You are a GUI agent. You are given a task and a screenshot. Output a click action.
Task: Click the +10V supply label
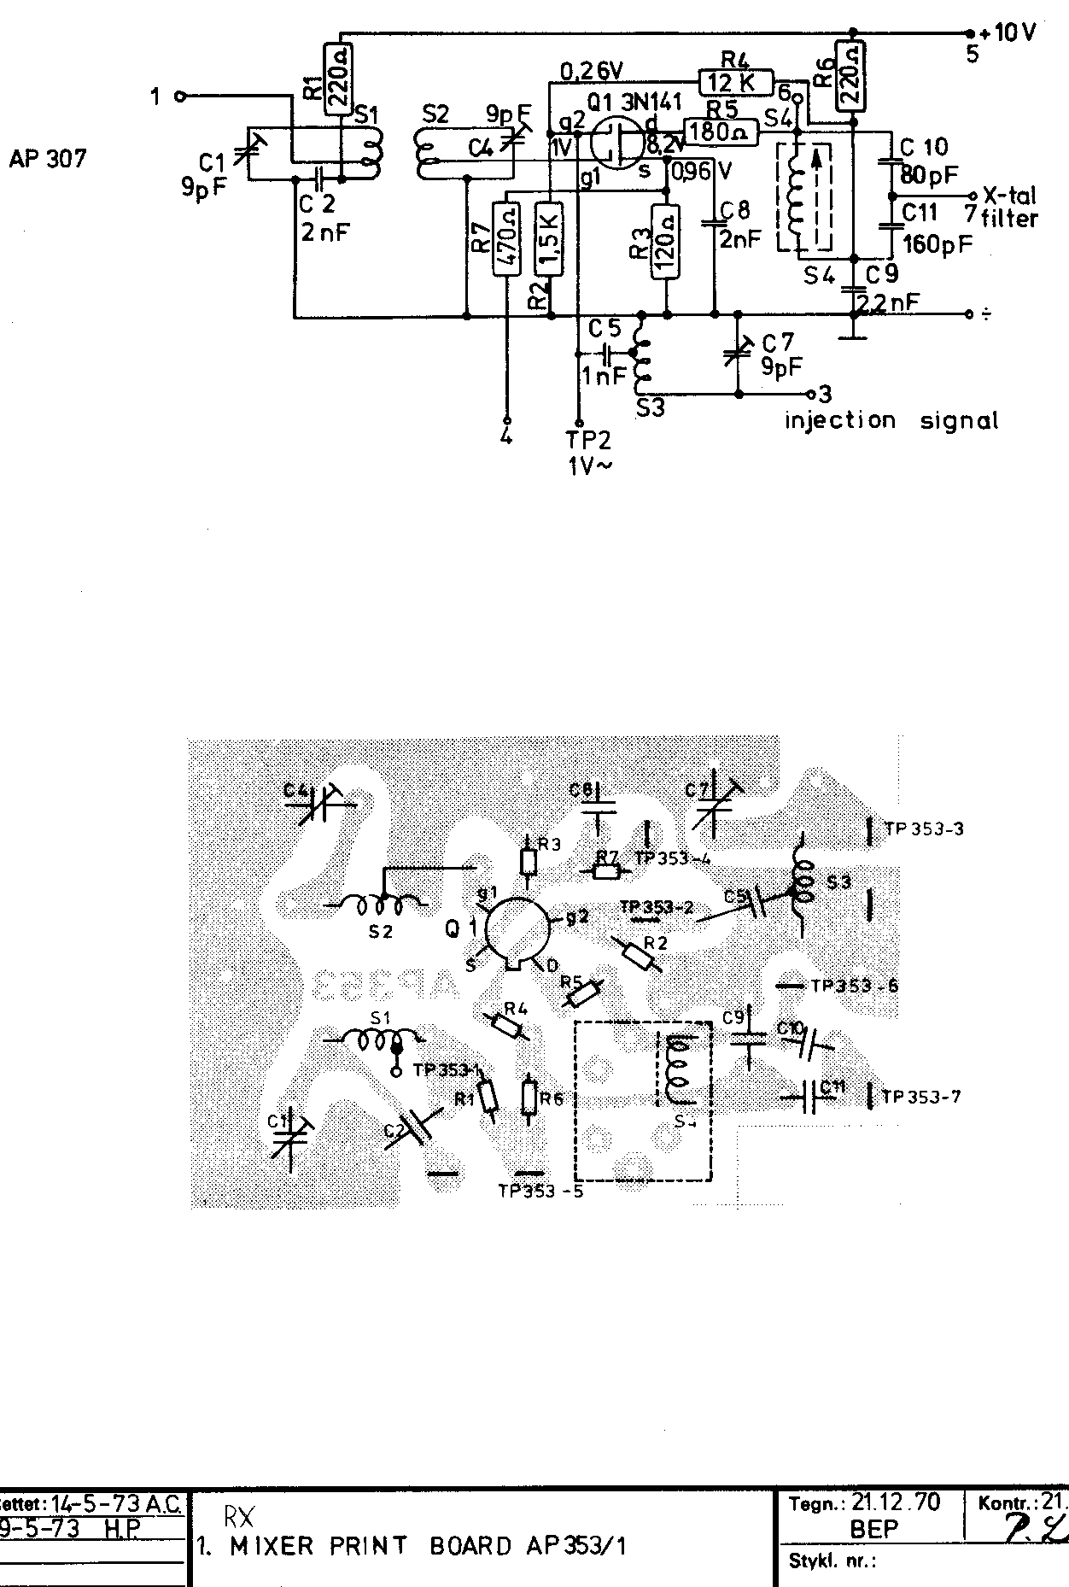click(1008, 34)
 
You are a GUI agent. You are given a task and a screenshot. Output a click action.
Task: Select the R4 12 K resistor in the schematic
click(735, 82)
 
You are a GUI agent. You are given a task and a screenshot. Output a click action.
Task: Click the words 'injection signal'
click(891, 420)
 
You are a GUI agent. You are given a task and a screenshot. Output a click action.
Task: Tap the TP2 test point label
click(588, 440)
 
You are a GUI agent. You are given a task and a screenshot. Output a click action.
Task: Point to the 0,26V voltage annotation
click(591, 68)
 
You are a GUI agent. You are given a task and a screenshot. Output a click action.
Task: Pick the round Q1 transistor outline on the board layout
click(515, 932)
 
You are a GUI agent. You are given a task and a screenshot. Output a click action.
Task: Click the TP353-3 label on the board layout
click(924, 829)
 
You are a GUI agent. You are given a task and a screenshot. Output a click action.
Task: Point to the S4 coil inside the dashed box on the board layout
click(681, 1070)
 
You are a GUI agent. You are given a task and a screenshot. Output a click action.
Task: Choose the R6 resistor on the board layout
click(529, 1098)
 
